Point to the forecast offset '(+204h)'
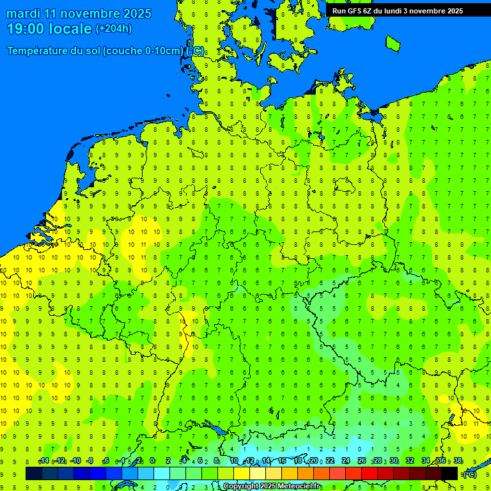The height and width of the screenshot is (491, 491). [x=113, y=28]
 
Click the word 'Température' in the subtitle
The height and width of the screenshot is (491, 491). [x=39, y=51]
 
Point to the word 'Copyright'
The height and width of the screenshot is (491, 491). [x=241, y=487]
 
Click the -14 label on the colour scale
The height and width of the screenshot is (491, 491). [x=43, y=461]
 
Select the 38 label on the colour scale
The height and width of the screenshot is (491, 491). [x=458, y=461]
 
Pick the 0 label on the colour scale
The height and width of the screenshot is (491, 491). [x=152, y=461]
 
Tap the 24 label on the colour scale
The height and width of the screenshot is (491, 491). [x=346, y=461]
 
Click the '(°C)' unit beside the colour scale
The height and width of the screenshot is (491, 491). [x=469, y=474]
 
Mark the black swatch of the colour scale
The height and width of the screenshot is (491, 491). [x=449, y=473]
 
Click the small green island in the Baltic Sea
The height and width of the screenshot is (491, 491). [x=393, y=42]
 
